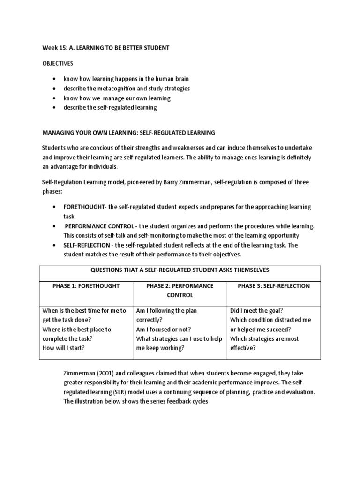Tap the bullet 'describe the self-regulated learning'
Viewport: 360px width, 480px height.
(111, 108)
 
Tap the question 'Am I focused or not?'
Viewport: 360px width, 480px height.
(164, 329)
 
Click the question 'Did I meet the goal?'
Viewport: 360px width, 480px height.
(257, 310)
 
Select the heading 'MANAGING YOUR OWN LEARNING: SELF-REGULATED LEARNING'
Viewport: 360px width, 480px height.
(128, 133)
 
